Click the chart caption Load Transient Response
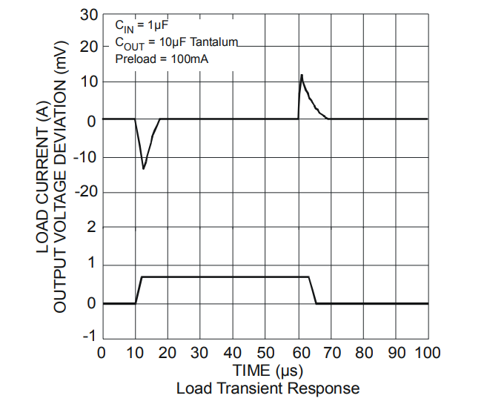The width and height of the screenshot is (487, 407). coord(268,388)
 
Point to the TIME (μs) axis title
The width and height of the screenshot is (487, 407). coord(267,370)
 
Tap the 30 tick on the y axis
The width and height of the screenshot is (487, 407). coord(89,16)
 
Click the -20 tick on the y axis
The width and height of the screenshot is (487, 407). coord(86,192)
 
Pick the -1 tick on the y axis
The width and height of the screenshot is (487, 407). coord(89,337)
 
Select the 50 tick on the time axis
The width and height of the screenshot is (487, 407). coord(265,352)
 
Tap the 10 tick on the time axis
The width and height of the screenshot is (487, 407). coord(134,352)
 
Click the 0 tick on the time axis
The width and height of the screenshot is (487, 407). coord(102,352)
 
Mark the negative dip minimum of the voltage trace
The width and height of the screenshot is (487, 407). coord(144,168)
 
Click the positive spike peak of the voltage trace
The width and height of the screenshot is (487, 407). coord(302,76)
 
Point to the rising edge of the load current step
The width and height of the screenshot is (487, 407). coord(138,290)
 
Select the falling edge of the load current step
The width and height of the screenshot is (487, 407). coord(313,290)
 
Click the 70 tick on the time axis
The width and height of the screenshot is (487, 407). coord(330,352)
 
